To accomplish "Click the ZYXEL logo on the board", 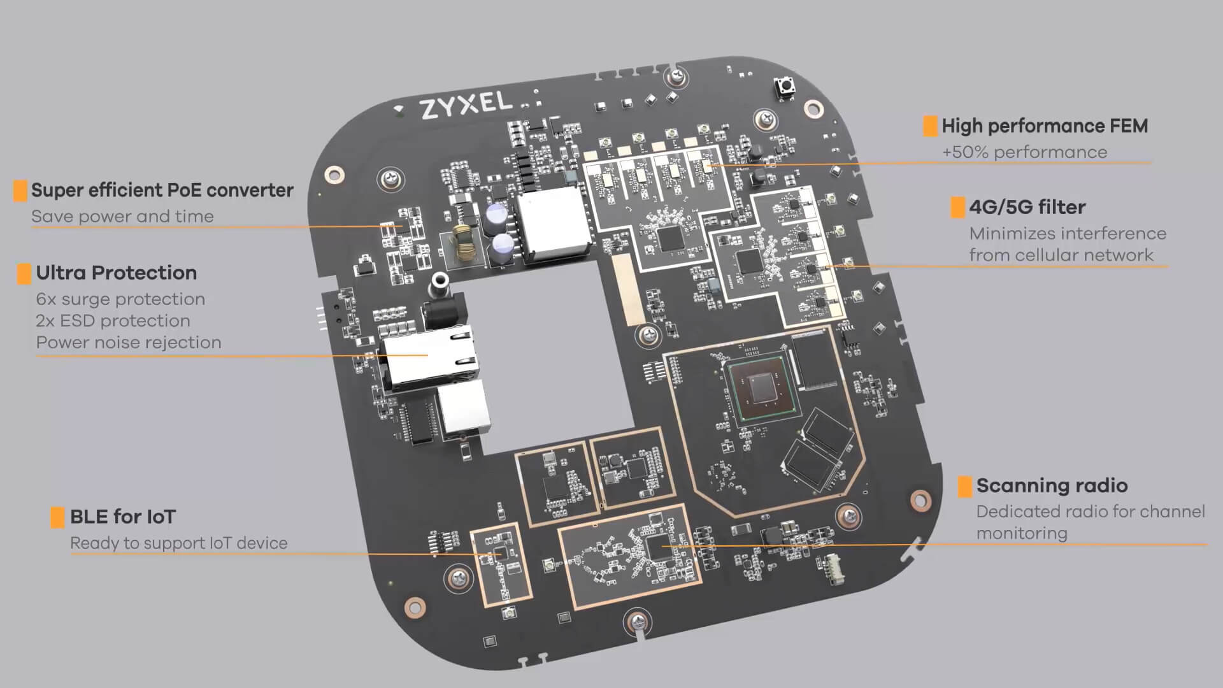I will (466, 105).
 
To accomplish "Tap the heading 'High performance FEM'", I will (1045, 126).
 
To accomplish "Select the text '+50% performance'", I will (1024, 152).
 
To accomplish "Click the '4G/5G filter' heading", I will (1027, 207).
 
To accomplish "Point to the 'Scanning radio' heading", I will (1052, 485).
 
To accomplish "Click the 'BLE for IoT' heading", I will (122, 517).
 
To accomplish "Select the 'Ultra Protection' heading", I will (116, 273).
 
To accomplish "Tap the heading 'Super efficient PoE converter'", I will (162, 190).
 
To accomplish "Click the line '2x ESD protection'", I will (113, 320).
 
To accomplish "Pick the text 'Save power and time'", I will (122, 217).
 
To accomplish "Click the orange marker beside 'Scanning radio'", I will (964, 486).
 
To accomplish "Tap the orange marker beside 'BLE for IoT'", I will (57, 517).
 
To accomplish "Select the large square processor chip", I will (759, 389).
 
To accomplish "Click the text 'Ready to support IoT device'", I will (178, 543).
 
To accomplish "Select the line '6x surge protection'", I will (120, 299).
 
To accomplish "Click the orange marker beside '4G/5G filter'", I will (957, 208).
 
